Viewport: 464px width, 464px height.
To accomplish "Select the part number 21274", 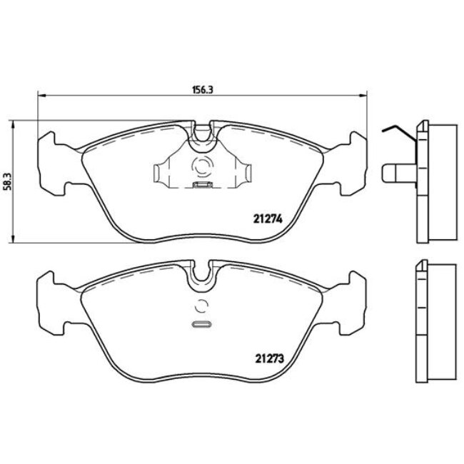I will coord(268,220).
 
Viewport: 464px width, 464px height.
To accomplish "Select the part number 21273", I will coord(268,359).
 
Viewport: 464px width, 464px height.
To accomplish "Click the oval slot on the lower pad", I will coord(202,326).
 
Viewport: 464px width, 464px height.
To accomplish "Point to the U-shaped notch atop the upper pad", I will coord(203,133).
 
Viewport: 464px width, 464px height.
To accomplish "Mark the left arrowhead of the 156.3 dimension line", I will coord(40,98).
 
